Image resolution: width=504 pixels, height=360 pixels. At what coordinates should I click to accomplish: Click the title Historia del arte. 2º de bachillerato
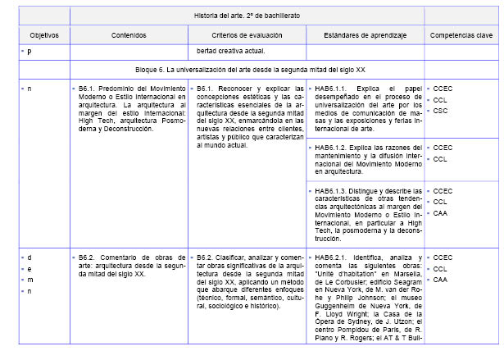pos(247,16)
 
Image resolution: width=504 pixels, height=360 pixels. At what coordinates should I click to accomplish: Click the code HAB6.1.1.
pos(333,88)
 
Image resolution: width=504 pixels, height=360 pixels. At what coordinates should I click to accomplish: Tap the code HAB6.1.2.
pos(333,147)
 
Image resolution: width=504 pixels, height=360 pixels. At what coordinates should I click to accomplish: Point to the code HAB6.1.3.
pos(333,191)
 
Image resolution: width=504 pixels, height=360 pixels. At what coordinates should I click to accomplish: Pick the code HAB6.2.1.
pos(333,257)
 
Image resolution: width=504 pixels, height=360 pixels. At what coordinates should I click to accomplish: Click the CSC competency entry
pos(441,111)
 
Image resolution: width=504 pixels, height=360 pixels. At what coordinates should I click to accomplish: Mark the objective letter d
pos(29,257)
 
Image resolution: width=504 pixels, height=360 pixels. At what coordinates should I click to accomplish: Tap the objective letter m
pos(29,280)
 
